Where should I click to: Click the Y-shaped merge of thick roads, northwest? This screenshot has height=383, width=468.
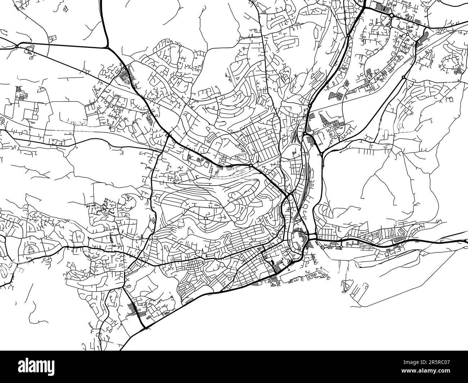[107, 47]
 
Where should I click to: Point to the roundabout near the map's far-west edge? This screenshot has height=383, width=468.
[17, 46]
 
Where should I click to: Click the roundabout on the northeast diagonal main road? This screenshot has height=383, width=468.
[403, 77]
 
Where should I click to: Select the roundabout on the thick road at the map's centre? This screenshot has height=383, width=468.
[250, 165]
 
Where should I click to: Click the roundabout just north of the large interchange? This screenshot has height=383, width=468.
[309, 106]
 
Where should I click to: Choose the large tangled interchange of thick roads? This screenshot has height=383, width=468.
[309, 137]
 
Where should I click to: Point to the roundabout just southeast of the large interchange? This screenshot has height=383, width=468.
[320, 154]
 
